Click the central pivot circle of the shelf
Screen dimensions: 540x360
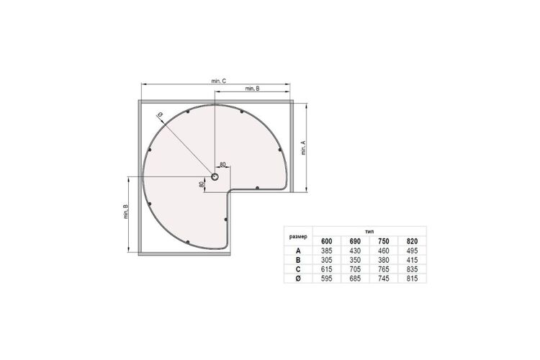(215, 177)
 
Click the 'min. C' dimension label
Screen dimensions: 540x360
(219, 81)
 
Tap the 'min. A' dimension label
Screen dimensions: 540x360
(303, 148)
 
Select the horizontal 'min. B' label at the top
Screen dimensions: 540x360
(253, 89)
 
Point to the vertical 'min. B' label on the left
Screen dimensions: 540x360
(126, 212)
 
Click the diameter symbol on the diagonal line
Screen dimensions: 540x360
(160, 114)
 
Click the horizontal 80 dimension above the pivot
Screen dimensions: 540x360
(222, 165)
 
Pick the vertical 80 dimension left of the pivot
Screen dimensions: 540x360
(202, 184)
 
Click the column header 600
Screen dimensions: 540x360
(326, 241)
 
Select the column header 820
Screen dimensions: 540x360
(412, 241)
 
